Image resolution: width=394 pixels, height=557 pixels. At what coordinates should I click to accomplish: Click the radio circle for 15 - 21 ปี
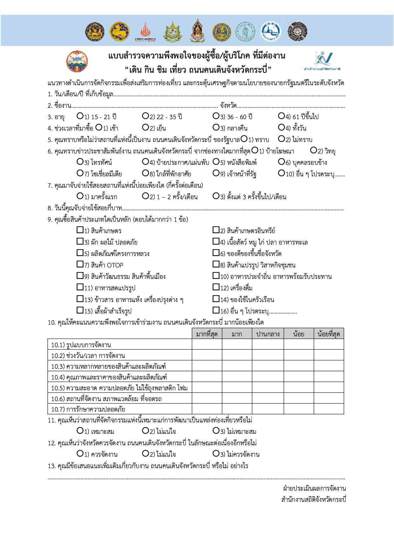click(80, 116)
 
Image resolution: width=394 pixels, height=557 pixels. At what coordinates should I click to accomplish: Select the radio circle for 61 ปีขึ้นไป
click(281, 116)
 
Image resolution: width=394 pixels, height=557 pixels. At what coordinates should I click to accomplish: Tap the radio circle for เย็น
click(146, 128)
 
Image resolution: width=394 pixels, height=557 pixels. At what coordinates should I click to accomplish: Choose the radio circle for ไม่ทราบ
click(281, 139)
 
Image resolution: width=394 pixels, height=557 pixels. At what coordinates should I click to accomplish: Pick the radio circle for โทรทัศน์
click(80, 162)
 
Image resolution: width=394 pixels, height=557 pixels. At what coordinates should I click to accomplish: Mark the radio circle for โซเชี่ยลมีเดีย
click(80, 173)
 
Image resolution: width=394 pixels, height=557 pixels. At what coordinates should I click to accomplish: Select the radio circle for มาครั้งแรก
click(80, 196)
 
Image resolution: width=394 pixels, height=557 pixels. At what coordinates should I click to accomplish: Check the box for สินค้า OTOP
click(80, 264)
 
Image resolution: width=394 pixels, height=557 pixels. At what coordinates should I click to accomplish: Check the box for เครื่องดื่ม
click(216, 287)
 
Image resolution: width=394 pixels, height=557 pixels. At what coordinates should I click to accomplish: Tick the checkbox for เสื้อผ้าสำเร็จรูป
click(80, 310)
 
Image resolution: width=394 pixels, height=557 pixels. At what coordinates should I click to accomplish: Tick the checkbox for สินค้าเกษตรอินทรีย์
click(216, 230)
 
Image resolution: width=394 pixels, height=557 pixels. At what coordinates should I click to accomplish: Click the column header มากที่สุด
click(207, 334)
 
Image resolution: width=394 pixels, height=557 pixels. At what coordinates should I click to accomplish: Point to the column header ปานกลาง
click(268, 334)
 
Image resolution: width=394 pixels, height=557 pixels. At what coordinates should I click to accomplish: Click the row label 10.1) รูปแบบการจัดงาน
click(81, 345)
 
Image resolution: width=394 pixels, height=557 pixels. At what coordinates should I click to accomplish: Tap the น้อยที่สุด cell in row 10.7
click(329, 409)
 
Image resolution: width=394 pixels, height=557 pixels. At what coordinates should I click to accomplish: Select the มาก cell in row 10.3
click(237, 366)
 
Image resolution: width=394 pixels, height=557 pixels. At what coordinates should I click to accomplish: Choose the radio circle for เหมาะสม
click(80, 431)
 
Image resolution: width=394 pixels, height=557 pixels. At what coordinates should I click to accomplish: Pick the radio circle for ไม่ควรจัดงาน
click(216, 454)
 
